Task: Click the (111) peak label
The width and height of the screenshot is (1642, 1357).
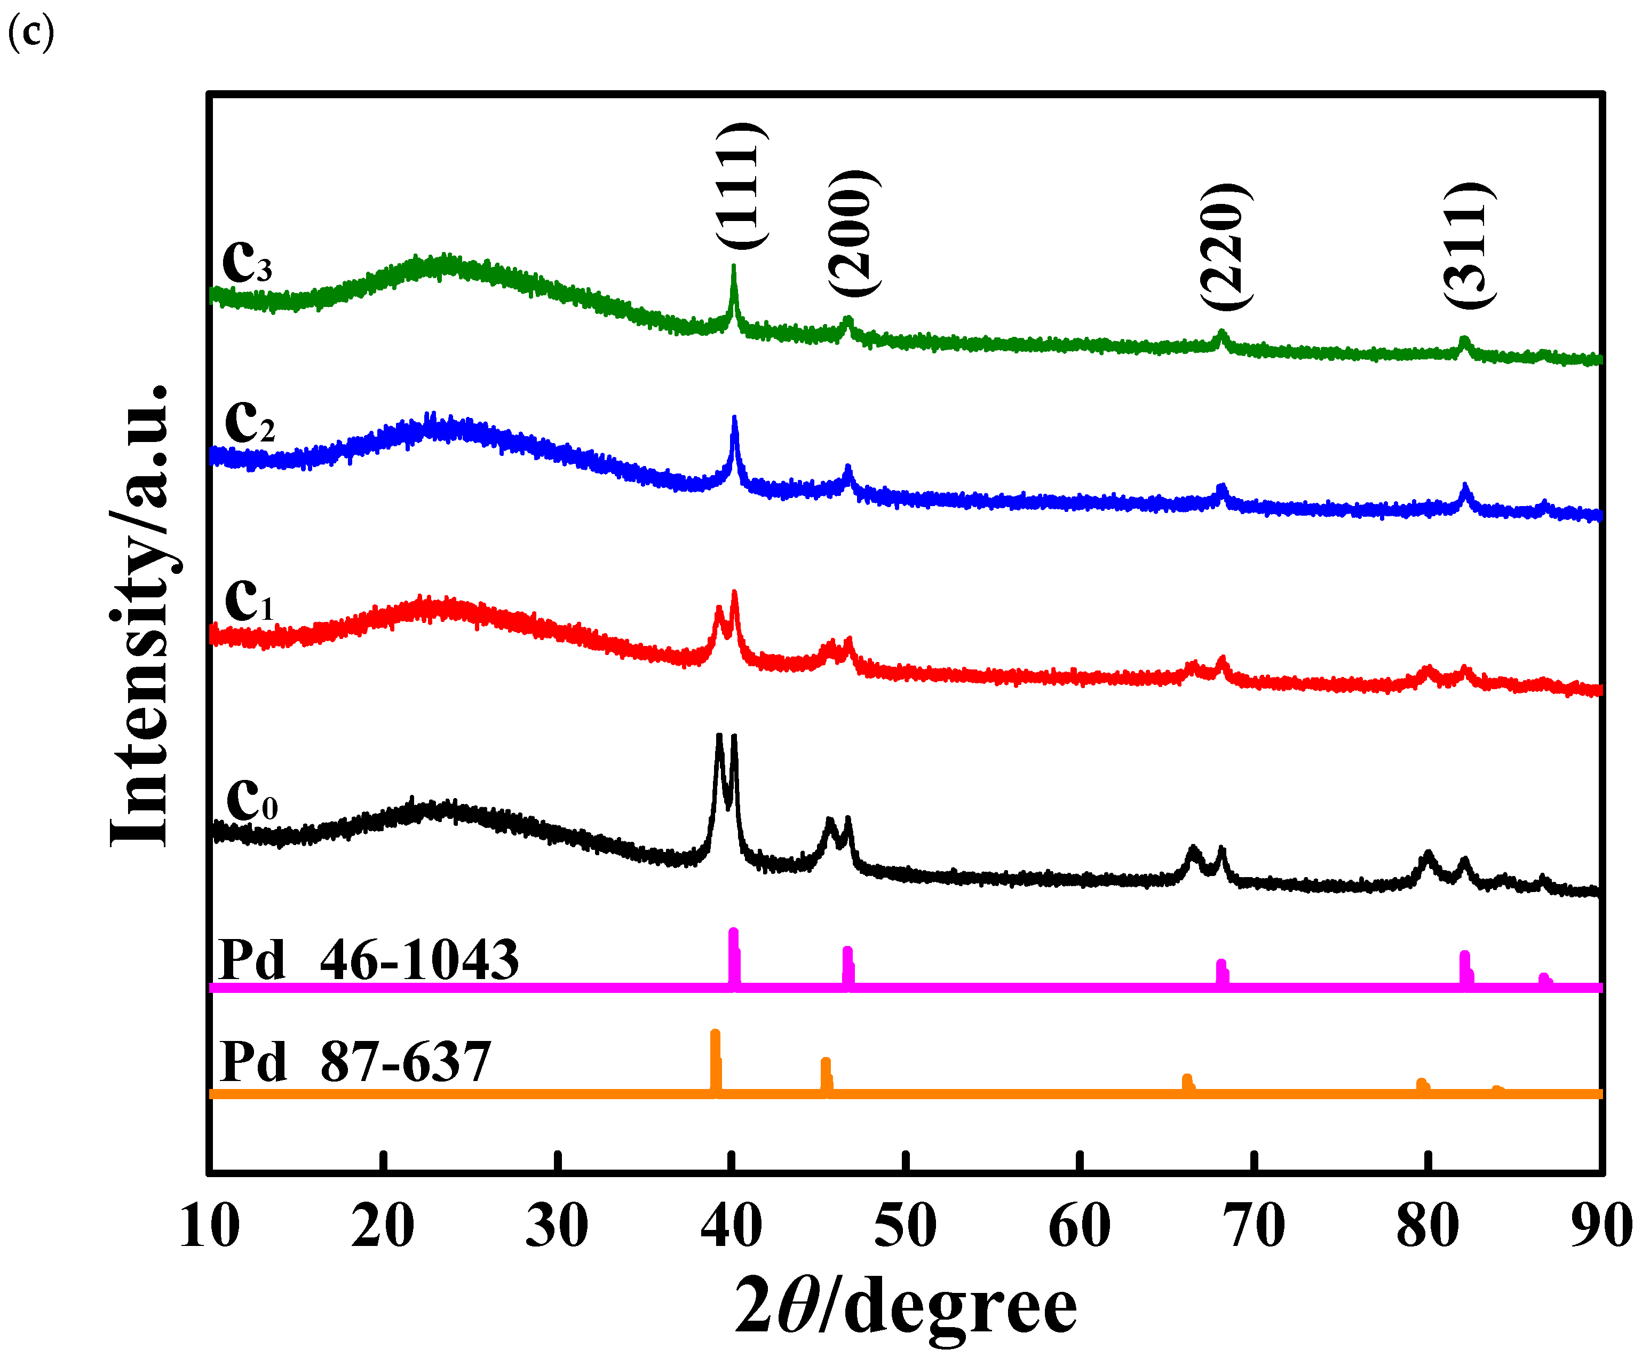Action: coord(741,186)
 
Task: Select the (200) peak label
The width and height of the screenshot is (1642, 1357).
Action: coord(853,233)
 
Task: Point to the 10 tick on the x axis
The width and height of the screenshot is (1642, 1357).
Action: coord(209,1226)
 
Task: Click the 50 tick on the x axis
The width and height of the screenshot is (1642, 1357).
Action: coord(905,1226)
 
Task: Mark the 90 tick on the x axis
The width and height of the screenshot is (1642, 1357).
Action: coord(1601,1226)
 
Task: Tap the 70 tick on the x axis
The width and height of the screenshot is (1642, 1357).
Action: coord(1254,1226)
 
